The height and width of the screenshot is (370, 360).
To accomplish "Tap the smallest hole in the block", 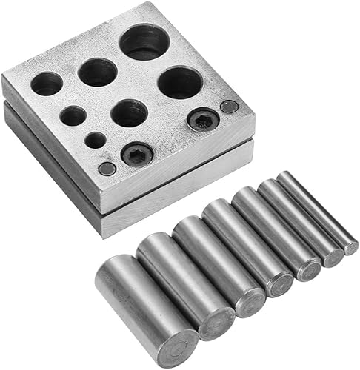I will point(95,139).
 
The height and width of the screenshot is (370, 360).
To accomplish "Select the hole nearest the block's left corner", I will point(47,84).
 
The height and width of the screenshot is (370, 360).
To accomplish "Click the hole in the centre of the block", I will point(130,113).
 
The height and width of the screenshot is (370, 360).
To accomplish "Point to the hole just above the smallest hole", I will point(73,115).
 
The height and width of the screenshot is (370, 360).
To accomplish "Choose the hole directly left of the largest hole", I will point(98,73).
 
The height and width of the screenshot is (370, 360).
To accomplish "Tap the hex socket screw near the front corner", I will point(137,154).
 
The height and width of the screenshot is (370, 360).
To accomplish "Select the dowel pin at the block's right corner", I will point(230,107).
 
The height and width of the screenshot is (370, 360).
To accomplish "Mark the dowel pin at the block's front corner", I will point(107,169).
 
